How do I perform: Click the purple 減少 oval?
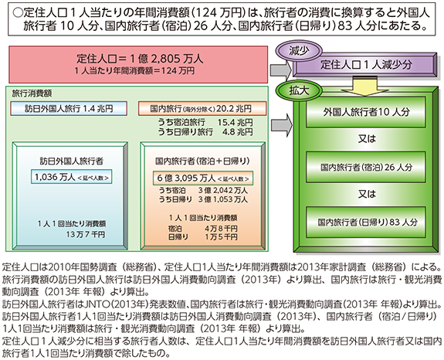tap(300, 52)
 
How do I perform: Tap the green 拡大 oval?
tap(300, 90)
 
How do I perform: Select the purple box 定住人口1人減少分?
tap(365, 65)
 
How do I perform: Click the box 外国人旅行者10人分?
tap(366, 112)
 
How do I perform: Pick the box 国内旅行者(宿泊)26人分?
tap(366, 167)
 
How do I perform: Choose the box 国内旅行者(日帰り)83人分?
tap(366, 222)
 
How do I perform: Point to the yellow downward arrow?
tap(364, 86)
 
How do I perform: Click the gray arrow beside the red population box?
tap(281, 70)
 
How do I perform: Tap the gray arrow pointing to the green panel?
tap(282, 124)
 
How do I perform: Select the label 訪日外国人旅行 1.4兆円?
tap(69, 108)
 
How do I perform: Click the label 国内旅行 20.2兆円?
tap(202, 108)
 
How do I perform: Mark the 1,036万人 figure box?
tap(72, 177)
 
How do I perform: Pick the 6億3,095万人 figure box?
tap(203, 178)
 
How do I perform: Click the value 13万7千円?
tap(86, 235)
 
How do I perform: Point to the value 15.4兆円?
tap(235, 122)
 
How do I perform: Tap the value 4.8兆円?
tap(238, 131)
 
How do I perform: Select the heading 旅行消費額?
tap(32, 93)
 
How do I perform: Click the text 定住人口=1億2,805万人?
tap(140, 59)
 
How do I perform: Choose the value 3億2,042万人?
tap(223, 190)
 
